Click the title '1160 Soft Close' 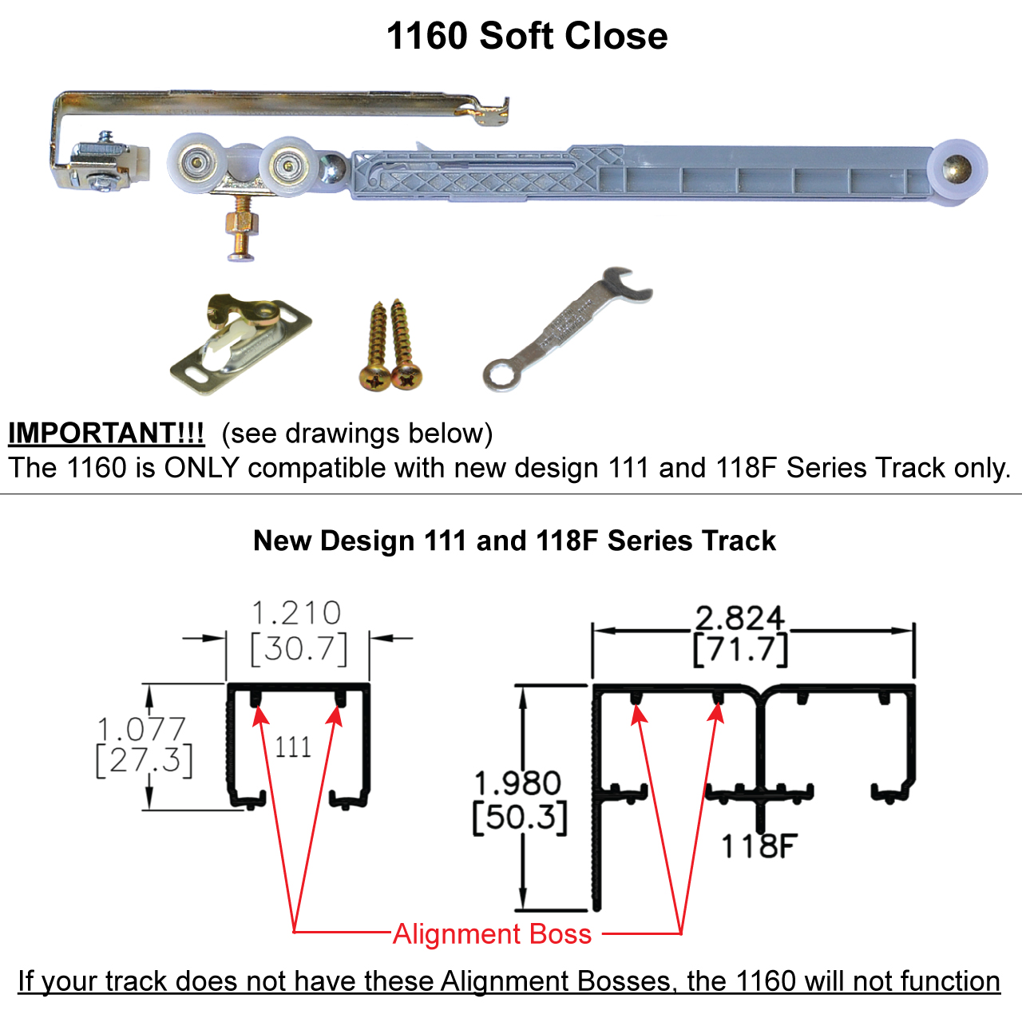coord(527,36)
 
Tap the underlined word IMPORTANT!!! coord(106,433)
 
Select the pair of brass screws coord(391,345)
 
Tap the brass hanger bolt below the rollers coord(243,228)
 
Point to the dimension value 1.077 coord(141,728)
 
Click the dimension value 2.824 coord(740,619)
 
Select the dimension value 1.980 coord(517,782)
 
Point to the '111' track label coord(293,748)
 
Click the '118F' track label coord(759,846)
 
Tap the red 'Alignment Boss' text coord(492,933)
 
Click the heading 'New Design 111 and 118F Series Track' coord(514,541)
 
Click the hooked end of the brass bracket coord(493,113)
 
